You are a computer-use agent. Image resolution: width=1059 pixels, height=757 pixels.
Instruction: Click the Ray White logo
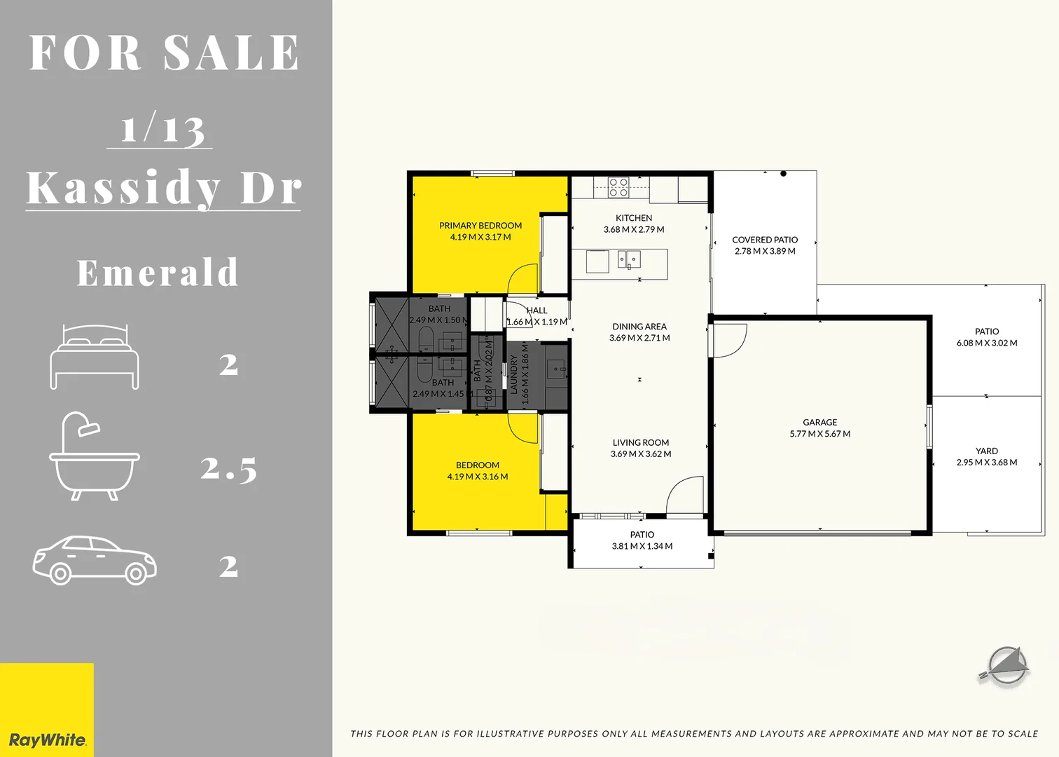[47, 739]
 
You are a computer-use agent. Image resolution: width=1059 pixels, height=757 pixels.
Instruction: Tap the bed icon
[95, 357]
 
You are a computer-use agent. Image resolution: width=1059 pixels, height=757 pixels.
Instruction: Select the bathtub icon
[95, 456]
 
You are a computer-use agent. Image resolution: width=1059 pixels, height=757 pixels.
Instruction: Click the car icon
[95, 561]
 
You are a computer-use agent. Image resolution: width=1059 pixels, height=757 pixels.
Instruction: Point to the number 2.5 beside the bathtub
[228, 468]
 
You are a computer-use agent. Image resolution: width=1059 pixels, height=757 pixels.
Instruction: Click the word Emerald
[158, 273]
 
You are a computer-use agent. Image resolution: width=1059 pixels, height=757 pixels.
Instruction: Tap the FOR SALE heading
[165, 53]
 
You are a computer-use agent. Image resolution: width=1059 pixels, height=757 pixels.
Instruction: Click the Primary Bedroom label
[480, 226]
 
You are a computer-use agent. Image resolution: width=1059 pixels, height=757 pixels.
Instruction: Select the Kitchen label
[634, 218]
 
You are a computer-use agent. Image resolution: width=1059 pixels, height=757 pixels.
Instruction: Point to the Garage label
[820, 422]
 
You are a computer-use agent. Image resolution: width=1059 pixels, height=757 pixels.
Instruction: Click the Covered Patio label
[765, 240]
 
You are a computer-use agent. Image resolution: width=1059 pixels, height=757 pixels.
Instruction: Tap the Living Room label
[641, 442]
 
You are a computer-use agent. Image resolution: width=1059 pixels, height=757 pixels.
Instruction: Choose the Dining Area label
[639, 327]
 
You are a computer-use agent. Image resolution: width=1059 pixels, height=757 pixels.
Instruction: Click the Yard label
[987, 451]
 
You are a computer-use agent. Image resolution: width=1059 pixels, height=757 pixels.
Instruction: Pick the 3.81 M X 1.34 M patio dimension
[642, 546]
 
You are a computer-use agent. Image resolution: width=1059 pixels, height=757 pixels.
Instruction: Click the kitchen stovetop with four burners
[618, 187]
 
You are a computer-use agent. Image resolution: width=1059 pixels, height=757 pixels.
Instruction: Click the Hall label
[537, 311]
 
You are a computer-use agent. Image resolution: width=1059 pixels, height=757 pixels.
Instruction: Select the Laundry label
[514, 374]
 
